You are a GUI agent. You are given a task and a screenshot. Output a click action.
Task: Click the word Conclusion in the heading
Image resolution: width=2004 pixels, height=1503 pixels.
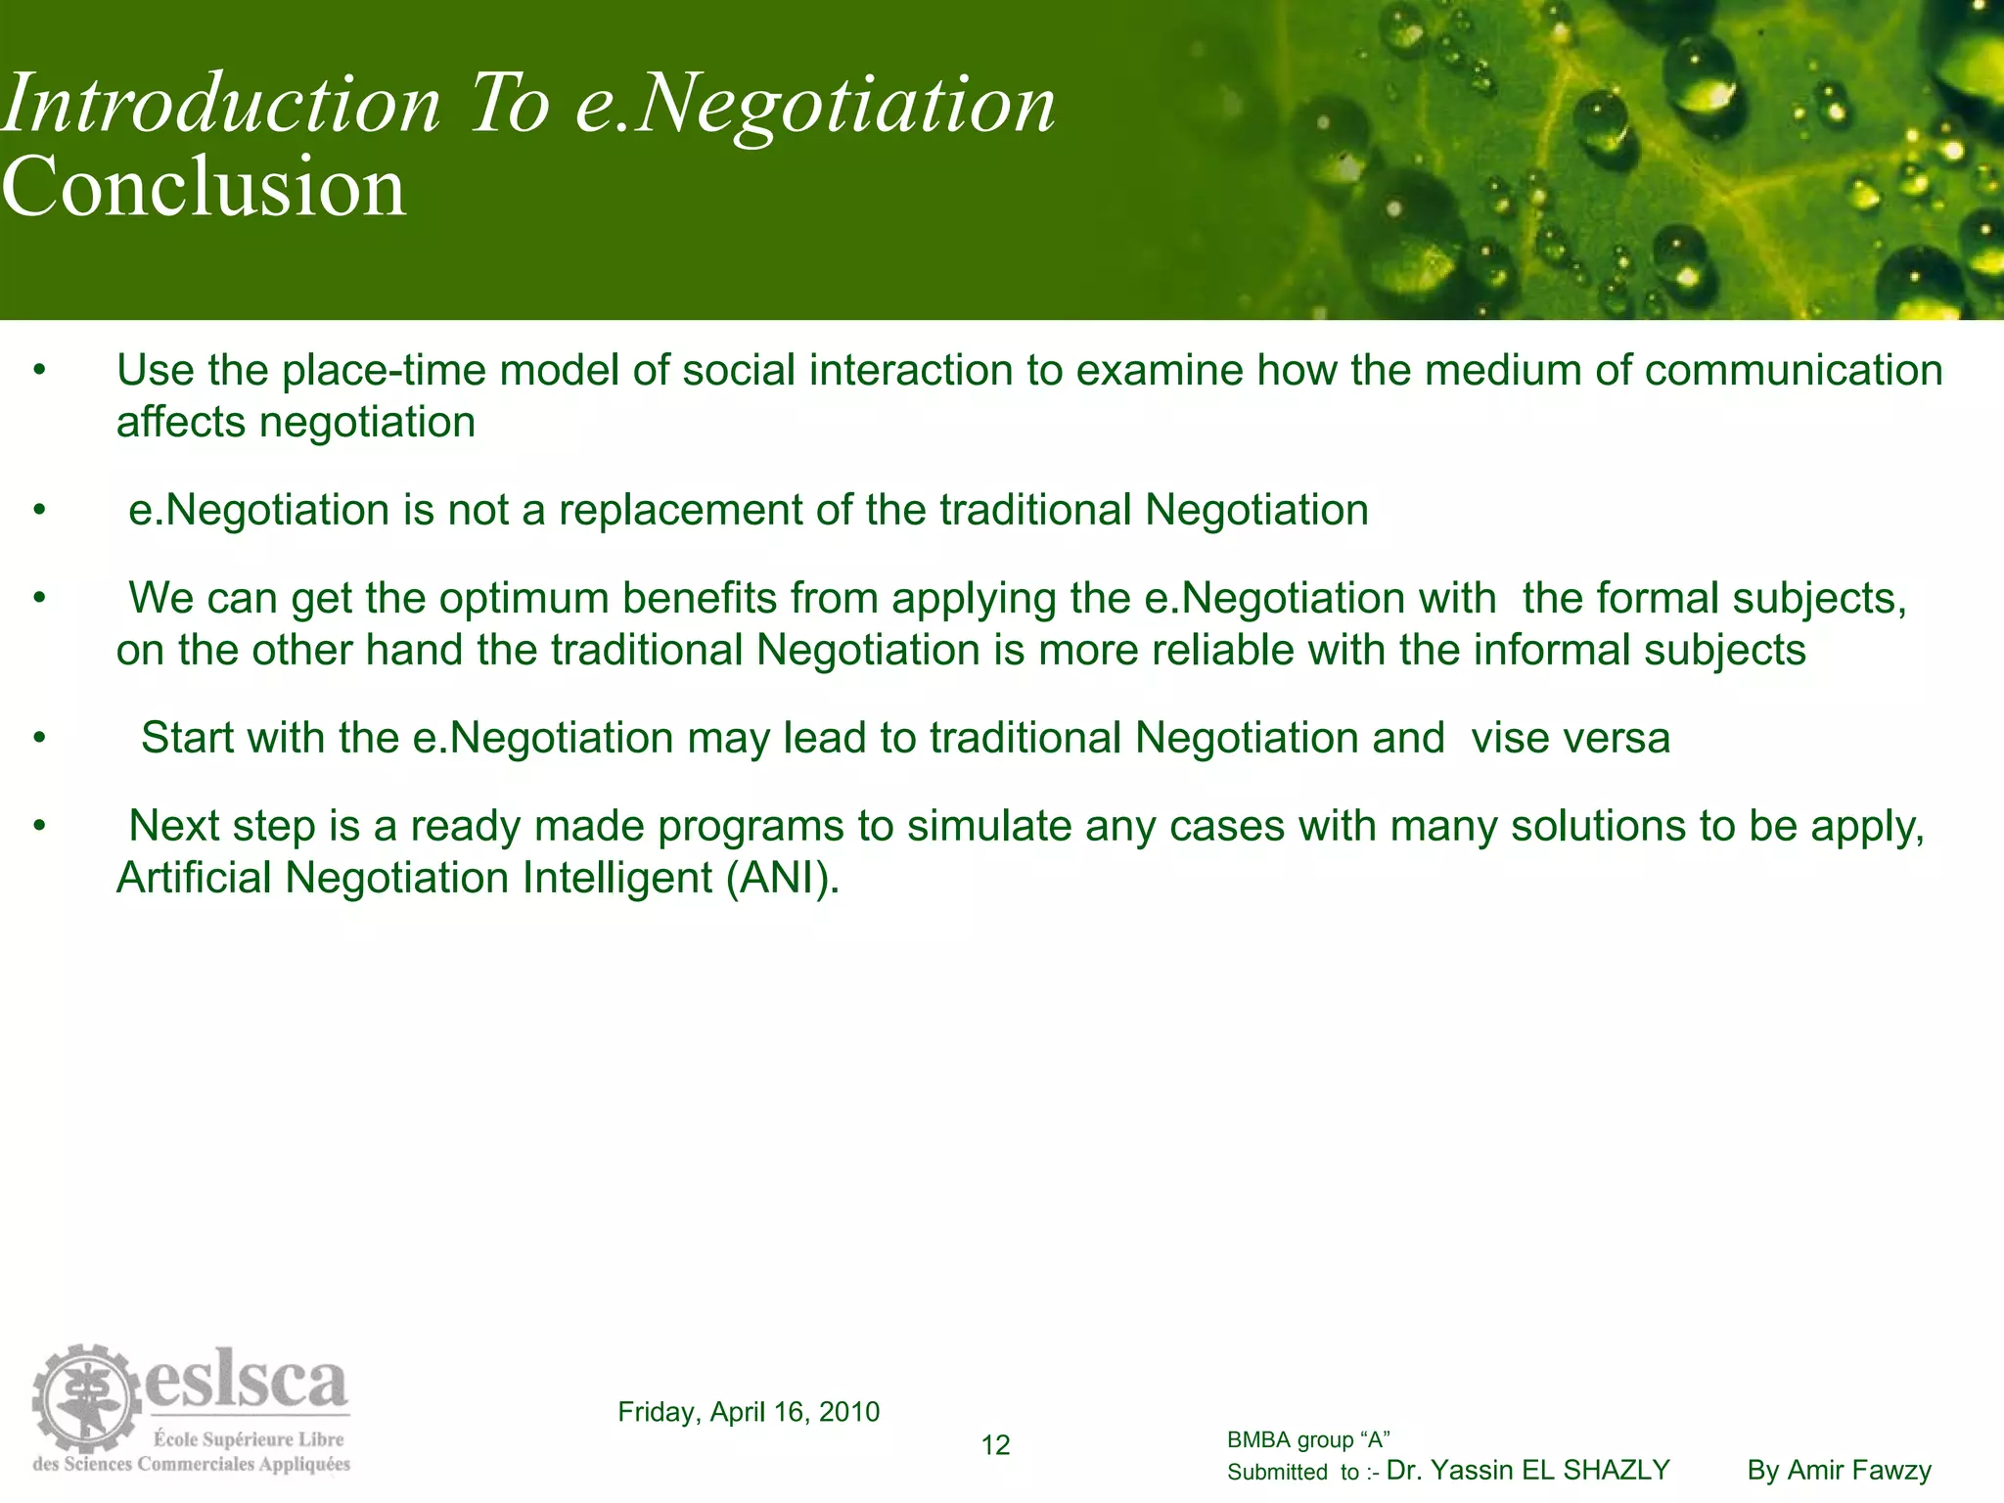pyautogui.click(x=204, y=187)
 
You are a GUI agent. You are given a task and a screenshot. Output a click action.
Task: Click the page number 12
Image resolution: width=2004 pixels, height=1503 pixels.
pyautogui.click(x=995, y=1445)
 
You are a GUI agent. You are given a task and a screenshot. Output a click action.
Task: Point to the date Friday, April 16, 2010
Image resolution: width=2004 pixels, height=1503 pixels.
pyautogui.click(x=749, y=1411)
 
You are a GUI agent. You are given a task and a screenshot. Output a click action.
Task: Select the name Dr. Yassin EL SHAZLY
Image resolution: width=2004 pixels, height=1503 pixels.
pyautogui.click(x=1528, y=1470)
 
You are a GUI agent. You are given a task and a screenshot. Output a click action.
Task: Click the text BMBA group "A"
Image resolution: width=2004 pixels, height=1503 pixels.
pyautogui.click(x=1308, y=1439)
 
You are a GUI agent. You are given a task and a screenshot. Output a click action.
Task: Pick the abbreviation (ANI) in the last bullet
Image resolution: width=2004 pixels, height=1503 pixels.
pyautogui.click(x=783, y=878)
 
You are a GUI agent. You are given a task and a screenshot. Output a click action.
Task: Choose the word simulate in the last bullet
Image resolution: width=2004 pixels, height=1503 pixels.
pyautogui.click(x=990, y=827)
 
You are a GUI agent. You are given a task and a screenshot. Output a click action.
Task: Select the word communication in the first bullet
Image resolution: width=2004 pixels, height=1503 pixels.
pyautogui.click(x=1793, y=371)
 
